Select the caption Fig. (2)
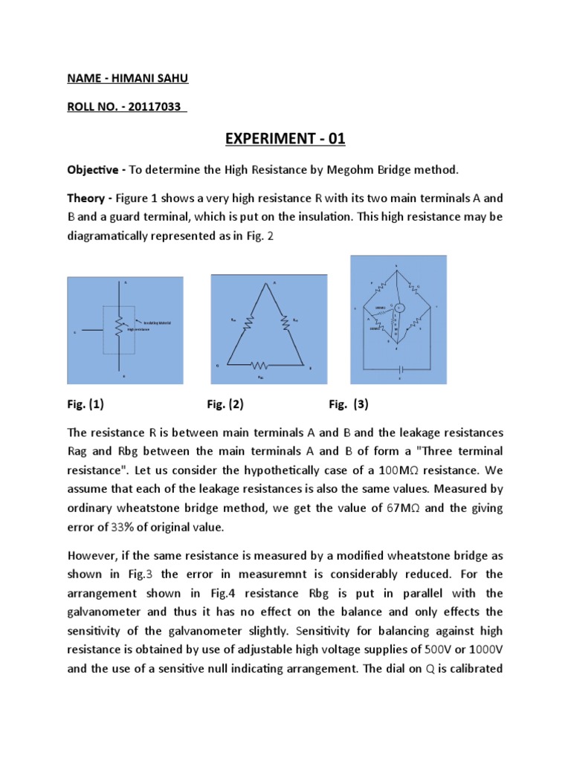(225, 405)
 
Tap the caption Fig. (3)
(348, 405)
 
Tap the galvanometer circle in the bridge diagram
(399, 308)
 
